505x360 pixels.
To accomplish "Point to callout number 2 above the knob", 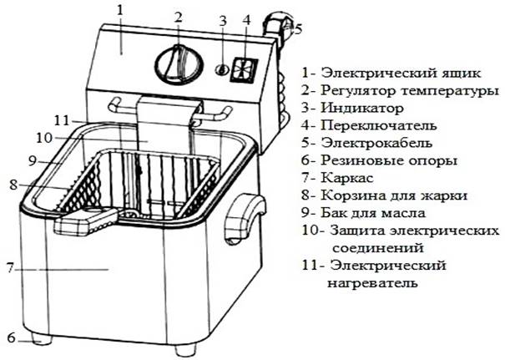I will pos(178,17).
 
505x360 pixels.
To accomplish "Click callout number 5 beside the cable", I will pos(297,28).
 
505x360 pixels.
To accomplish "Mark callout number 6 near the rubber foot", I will pos(11,337).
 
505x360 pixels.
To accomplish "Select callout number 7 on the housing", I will pos(11,269).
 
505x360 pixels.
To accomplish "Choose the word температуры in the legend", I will pos(449,89).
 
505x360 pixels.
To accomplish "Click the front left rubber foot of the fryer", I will pos(40,341).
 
